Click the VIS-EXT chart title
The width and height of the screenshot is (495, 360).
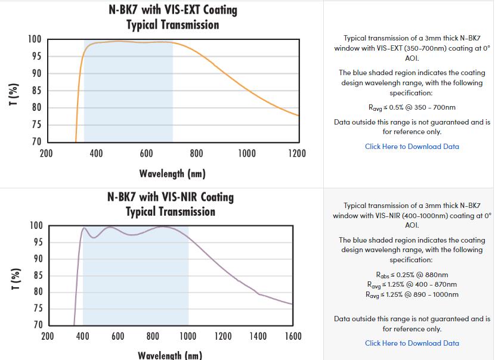(172, 17)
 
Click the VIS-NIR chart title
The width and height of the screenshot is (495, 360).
(171, 204)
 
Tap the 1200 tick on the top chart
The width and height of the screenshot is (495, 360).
(297, 154)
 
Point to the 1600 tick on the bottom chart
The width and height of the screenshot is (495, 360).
(293, 337)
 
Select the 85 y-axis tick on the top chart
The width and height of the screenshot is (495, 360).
(36, 91)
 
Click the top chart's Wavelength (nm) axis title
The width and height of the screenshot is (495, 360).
(172, 173)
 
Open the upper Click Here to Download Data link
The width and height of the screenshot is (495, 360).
(412, 147)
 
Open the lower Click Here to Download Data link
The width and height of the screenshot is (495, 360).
(412, 343)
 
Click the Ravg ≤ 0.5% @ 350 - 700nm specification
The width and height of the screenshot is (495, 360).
(412, 108)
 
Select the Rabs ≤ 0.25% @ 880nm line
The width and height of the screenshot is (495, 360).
(412, 275)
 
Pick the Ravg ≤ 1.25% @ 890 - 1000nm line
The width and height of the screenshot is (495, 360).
(412, 294)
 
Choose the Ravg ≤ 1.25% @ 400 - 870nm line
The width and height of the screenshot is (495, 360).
(412, 284)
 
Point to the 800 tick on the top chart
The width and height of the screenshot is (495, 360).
(197, 154)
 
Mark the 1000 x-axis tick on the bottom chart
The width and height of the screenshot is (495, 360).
(188, 337)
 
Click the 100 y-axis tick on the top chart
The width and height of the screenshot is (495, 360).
(35, 39)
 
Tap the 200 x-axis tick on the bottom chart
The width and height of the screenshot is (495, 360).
(48, 337)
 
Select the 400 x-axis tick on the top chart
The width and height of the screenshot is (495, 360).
(96, 154)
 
